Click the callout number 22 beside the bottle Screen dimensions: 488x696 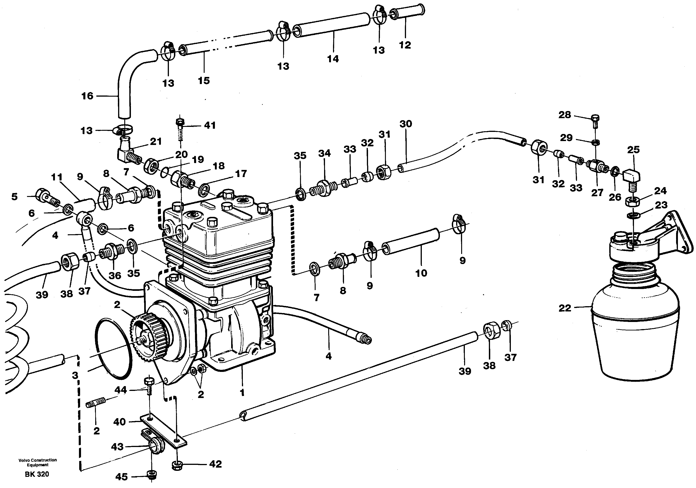click(x=565, y=308)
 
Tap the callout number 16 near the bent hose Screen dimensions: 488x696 click(x=87, y=96)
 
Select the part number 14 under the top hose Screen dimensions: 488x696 click(x=333, y=59)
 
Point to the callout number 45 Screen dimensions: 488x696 click(x=122, y=477)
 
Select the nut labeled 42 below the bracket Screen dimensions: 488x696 click(x=177, y=465)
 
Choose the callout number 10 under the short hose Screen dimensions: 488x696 click(x=421, y=273)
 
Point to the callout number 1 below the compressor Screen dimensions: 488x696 click(x=242, y=393)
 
